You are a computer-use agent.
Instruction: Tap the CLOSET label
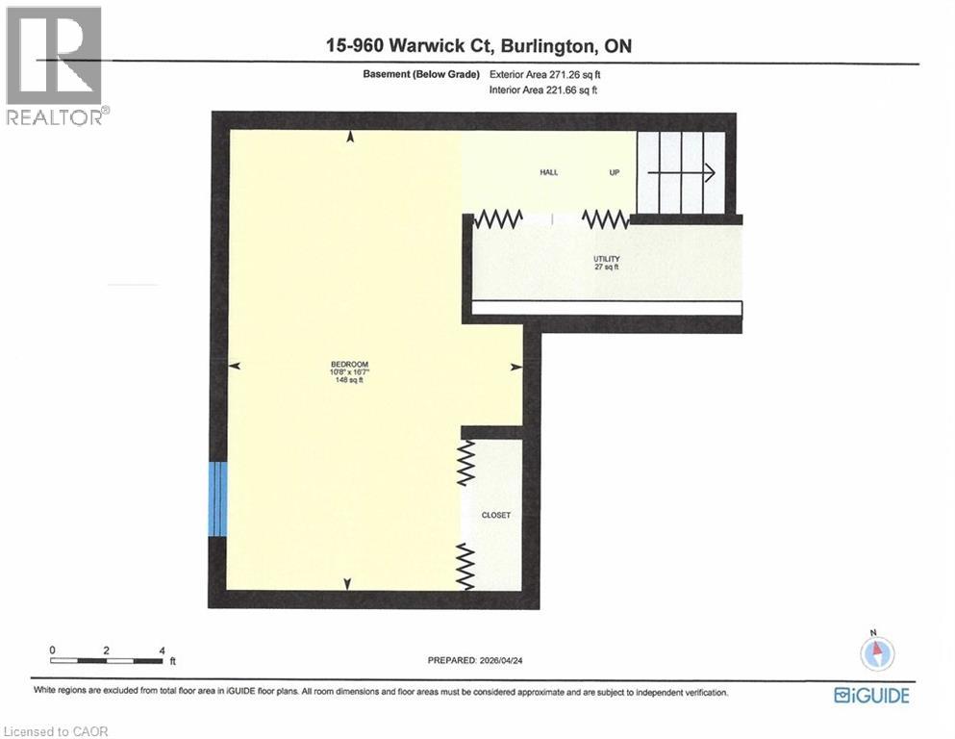pos(496,516)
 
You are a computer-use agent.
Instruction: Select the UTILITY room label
pos(606,259)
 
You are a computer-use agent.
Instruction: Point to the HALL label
pos(547,172)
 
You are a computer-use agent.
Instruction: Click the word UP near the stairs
pos(615,172)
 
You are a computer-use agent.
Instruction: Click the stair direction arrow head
pos(709,173)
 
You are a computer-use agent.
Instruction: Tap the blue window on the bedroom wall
pos(218,498)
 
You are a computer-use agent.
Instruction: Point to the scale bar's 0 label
pos(54,650)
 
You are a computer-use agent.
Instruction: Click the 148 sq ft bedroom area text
pos(349,381)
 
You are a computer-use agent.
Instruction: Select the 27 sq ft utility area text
pos(606,268)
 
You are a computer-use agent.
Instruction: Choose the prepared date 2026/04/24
pos(511,660)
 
